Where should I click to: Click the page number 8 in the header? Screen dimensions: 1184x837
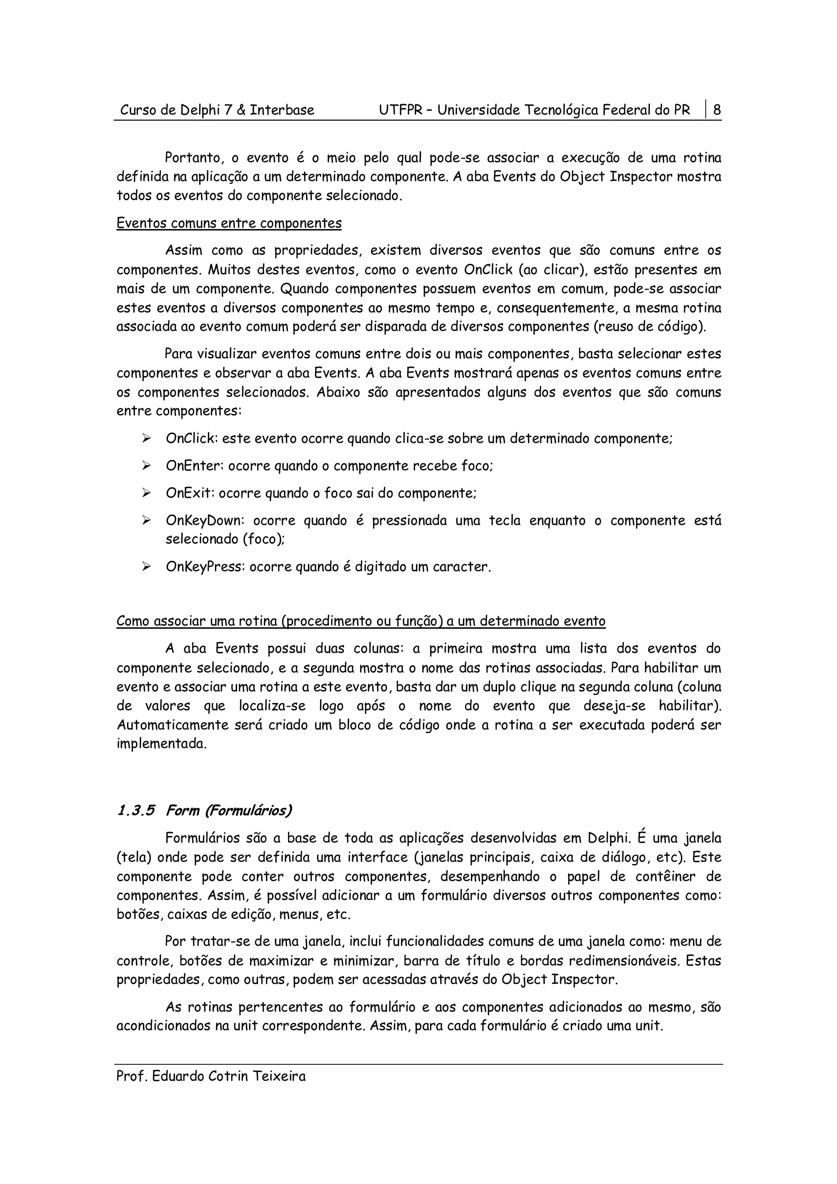[717, 110]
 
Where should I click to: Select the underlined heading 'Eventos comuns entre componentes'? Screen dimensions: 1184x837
[229, 223]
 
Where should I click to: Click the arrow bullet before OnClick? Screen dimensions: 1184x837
[146, 439]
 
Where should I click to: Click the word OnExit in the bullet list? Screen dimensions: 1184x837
[189, 494]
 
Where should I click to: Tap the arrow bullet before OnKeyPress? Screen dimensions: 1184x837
[146, 567]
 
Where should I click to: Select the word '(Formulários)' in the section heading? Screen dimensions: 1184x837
[248, 811]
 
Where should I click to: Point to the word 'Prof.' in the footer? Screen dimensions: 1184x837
[132, 1077]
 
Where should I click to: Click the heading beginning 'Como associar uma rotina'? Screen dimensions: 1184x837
[360, 621]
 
